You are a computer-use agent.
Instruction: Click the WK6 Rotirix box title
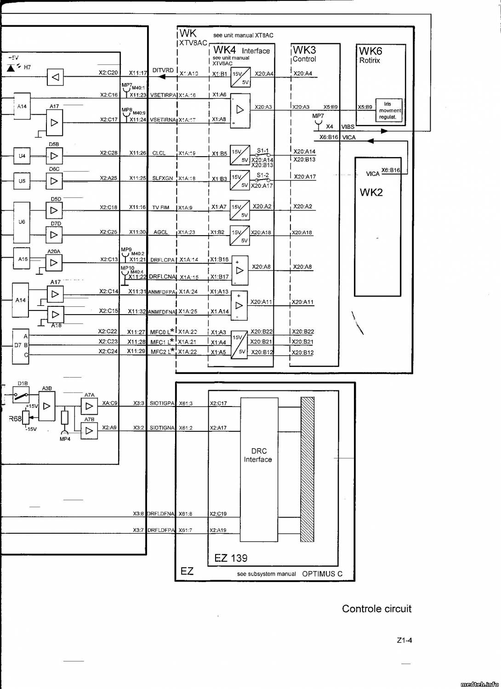(x=370, y=55)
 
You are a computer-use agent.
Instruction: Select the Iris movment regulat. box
(x=389, y=111)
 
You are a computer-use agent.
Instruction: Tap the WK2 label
(x=371, y=192)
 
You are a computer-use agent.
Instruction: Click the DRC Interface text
(x=258, y=455)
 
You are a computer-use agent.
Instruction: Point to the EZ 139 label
(x=231, y=558)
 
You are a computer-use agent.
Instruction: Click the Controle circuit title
(x=376, y=609)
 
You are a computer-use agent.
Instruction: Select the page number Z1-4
(x=404, y=640)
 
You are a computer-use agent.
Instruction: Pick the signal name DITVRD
(x=163, y=70)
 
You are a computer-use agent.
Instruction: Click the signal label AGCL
(x=160, y=232)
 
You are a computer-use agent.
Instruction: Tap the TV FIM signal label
(x=160, y=208)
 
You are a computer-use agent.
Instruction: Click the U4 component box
(x=22, y=156)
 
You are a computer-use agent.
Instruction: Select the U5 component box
(x=22, y=181)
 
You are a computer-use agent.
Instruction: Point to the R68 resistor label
(x=15, y=418)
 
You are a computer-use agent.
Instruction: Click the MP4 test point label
(x=65, y=439)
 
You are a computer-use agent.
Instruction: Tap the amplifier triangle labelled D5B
(x=54, y=156)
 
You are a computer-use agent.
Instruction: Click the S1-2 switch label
(x=262, y=175)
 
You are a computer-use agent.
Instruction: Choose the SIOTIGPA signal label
(x=162, y=403)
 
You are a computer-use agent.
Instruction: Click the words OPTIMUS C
(x=322, y=574)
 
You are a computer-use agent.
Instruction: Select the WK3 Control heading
(x=304, y=53)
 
